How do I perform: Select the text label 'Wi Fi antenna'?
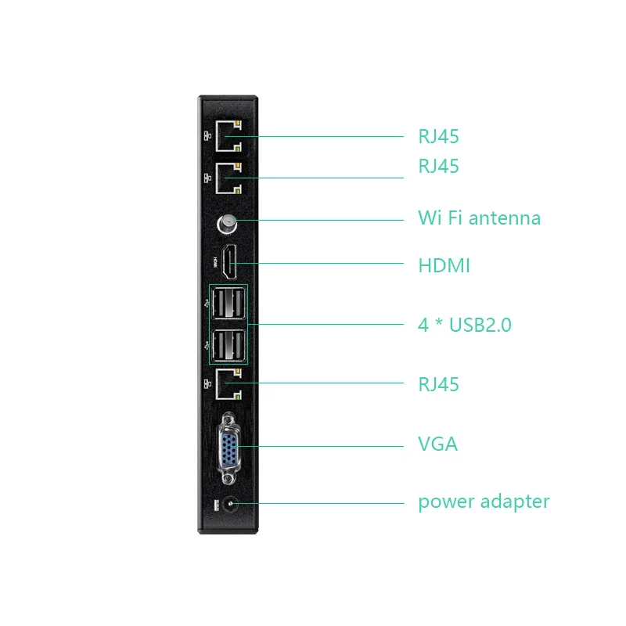[x=479, y=218]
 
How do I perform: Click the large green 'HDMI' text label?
[x=444, y=266]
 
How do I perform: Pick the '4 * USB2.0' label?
[x=464, y=325]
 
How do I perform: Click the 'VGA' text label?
[x=437, y=444]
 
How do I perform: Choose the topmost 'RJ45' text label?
[x=438, y=137]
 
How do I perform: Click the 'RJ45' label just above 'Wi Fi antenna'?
[x=438, y=167]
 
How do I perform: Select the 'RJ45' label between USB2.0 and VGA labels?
[x=438, y=384]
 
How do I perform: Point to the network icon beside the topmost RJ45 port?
[x=207, y=135]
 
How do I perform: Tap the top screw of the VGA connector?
[x=228, y=419]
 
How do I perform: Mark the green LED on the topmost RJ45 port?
[x=237, y=146]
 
